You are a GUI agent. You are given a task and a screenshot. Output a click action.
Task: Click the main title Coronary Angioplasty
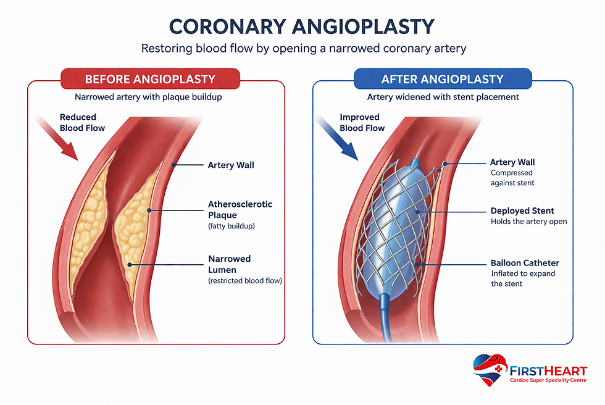coord(302,26)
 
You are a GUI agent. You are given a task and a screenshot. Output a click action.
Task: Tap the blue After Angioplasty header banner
coord(442,79)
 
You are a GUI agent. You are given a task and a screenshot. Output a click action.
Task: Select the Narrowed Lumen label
coord(228,264)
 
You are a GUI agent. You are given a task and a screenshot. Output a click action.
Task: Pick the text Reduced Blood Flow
coord(82,122)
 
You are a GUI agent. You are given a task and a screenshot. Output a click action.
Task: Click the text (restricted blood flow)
coord(245,281)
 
